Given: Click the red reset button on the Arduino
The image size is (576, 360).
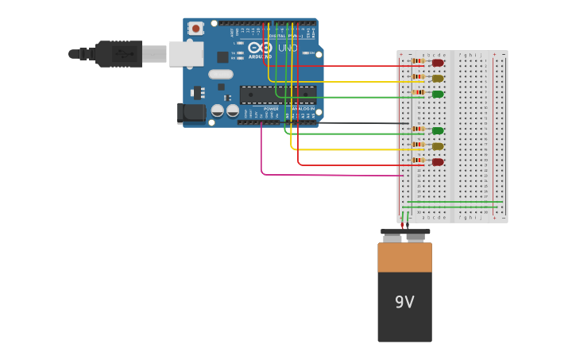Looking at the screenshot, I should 195,28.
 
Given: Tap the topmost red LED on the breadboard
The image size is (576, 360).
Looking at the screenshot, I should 438,63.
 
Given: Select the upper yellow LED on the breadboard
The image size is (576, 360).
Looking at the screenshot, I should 438,78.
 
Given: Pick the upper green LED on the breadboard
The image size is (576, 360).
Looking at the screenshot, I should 438,94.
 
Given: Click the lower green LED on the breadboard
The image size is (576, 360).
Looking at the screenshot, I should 438,130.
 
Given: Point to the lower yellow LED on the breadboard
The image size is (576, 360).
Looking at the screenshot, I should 438,146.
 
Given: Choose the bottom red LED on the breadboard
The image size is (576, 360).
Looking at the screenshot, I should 438,161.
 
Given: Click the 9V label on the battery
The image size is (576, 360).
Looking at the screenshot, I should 404,302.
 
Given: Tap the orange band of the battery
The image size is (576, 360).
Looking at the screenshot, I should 404,257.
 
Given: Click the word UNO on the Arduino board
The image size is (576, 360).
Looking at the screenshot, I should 288,48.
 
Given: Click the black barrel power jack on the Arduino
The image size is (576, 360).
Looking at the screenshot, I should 193,113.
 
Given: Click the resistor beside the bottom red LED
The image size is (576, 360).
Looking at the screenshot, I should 418,161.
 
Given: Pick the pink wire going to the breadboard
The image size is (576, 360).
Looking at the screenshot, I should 318,174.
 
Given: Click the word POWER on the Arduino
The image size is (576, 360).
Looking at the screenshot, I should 271,109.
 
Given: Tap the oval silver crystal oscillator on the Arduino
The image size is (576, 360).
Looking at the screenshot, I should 221,74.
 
